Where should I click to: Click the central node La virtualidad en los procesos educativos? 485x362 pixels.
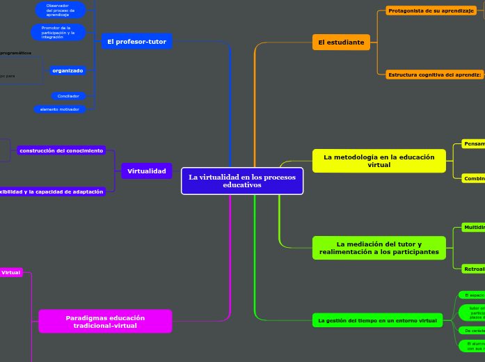tap(242, 181)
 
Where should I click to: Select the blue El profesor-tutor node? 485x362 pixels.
tap(136, 42)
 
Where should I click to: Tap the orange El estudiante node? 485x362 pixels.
tap(341, 42)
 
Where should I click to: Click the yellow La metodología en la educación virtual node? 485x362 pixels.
tap(379, 161)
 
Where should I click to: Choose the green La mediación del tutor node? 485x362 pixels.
tap(379, 248)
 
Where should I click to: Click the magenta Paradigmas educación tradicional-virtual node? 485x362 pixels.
tap(105, 321)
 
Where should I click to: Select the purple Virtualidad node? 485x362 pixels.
tap(146, 171)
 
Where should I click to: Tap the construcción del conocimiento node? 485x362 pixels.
tap(61, 150)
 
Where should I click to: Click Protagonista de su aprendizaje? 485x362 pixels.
tap(431, 11)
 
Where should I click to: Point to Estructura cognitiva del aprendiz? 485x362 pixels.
tap(434, 74)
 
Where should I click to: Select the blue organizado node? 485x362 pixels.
tap(67, 70)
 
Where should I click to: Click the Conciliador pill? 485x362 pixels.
tap(68, 96)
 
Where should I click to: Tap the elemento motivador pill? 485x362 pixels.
tap(60, 109)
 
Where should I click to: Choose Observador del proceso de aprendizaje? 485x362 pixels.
tap(61, 10)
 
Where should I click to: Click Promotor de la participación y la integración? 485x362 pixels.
tap(58, 32)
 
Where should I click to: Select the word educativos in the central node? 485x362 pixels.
tap(242, 185)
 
